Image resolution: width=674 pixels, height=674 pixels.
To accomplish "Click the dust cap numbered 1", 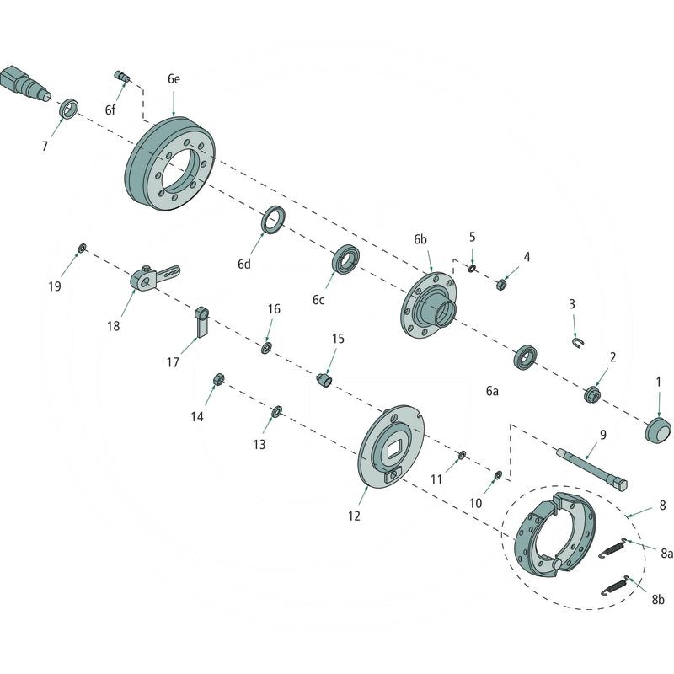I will pos(658,429).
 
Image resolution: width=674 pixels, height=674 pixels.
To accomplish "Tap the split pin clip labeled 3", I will pos(576,342).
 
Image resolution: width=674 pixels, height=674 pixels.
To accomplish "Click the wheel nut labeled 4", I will pos(500,284).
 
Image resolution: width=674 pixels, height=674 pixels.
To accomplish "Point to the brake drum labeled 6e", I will pos(173,164).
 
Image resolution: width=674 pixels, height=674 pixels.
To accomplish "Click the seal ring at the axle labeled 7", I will pos(69,109).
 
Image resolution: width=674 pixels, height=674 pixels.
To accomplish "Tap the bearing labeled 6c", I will pos(346,259).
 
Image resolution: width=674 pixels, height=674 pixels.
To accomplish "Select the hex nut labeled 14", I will pos(217,379).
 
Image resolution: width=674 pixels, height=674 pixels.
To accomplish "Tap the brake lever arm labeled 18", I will pos(152,277).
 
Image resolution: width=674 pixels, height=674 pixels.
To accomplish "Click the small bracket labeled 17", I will pos(201,321).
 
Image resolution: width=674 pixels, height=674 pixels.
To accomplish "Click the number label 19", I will pos(55,286).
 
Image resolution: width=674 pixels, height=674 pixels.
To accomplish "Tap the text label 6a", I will pos(492,391).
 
